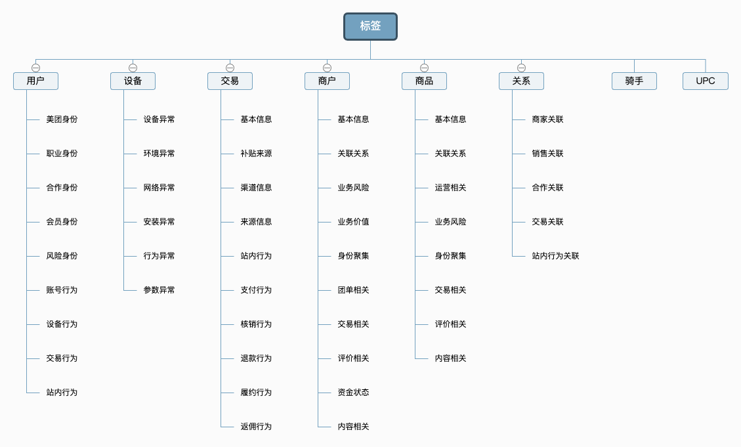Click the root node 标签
(370, 26)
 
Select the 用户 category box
(36, 81)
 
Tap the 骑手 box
(634, 81)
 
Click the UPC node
(706, 81)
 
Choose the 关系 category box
(521, 81)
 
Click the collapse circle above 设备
(133, 68)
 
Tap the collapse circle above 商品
(425, 68)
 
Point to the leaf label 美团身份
(62, 119)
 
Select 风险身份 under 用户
(62, 256)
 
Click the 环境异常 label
(159, 154)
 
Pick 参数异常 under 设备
(159, 290)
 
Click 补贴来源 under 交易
(256, 154)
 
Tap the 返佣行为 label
(256, 427)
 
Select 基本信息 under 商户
(354, 119)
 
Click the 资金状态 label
(354, 393)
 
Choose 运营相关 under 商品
(450, 188)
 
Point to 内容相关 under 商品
(450, 358)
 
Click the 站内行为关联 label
(555, 256)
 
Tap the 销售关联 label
(548, 154)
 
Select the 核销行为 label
(256, 324)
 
